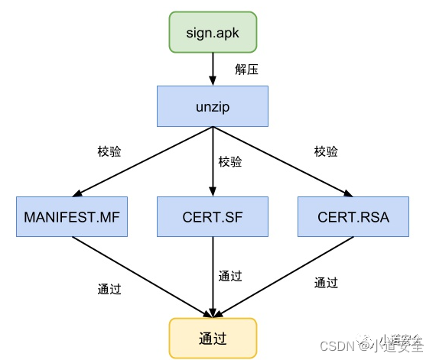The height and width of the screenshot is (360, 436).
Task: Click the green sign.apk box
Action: [x=212, y=34]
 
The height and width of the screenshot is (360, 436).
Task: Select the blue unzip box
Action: [x=212, y=106]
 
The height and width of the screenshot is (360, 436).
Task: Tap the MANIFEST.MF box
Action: [x=71, y=217]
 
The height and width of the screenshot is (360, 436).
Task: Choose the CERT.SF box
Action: [x=212, y=217]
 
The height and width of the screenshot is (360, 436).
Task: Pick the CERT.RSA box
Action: [x=353, y=217]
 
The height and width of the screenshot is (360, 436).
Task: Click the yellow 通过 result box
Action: [x=212, y=337]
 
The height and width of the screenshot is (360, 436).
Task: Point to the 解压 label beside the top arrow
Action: [x=246, y=70]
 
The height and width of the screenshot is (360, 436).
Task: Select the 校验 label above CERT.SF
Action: [x=230, y=161]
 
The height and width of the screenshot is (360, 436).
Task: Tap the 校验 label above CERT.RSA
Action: [x=326, y=151]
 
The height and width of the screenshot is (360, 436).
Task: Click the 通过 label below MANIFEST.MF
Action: [x=109, y=289]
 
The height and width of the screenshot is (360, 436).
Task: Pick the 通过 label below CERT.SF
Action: [x=230, y=276]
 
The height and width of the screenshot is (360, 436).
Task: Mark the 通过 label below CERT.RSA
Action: [x=326, y=282]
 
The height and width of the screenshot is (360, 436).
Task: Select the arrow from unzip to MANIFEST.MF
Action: [x=145, y=161]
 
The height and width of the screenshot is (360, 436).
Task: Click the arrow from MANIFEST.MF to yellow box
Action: [x=142, y=275]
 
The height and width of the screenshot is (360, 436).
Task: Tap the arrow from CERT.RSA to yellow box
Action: [x=283, y=275]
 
